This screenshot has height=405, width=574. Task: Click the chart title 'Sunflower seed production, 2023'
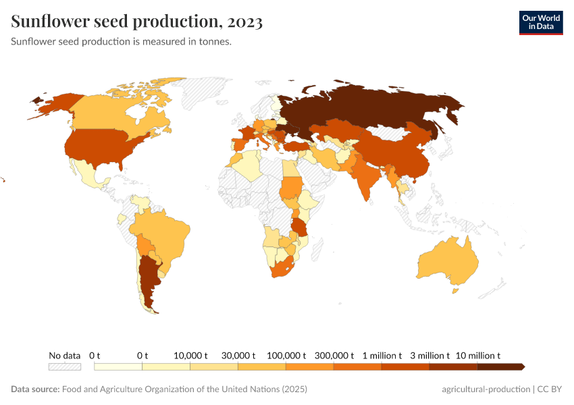coord(137,22)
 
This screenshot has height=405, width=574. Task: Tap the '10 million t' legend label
coord(478,355)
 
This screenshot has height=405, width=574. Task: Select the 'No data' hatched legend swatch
coord(64,367)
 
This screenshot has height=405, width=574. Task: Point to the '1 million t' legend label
coord(382,355)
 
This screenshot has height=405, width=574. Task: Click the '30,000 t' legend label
coord(238,355)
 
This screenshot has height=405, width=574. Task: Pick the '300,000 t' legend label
coord(334,355)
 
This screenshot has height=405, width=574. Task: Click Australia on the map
coord(448,264)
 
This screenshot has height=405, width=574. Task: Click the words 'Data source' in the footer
coord(35,389)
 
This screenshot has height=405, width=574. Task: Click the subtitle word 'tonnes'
coord(215,41)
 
